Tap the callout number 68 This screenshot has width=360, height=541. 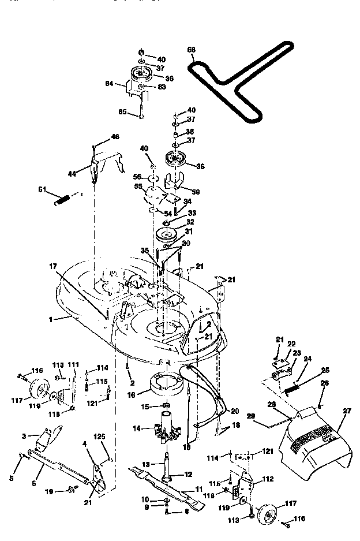click(192, 50)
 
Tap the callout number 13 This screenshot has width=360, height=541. click(145, 464)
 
